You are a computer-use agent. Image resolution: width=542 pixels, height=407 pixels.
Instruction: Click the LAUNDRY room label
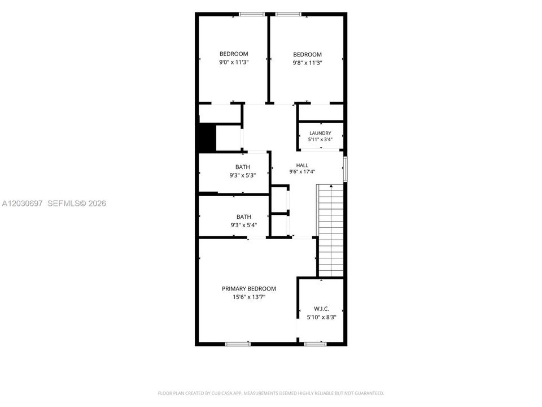320,133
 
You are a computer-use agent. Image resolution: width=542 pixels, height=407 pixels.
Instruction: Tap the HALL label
302,166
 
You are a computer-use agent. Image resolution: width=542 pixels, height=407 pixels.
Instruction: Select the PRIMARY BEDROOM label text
249,289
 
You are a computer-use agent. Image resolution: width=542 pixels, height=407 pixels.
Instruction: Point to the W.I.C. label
321,309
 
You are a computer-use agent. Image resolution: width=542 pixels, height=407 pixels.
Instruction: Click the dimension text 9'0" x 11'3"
234,62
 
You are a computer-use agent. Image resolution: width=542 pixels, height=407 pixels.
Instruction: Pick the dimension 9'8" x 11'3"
307,63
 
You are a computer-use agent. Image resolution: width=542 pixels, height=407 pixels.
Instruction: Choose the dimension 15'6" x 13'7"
249,297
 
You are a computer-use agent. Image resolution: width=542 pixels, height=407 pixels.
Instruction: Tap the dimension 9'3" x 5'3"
243,175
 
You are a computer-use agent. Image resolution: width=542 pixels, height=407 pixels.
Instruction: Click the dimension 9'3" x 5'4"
244,226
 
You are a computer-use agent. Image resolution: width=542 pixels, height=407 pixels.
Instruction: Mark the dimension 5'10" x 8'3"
321,317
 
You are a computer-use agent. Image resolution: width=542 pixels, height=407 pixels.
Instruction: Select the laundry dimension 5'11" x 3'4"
320,140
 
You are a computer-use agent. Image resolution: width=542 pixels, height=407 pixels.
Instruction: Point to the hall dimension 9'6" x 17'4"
302,172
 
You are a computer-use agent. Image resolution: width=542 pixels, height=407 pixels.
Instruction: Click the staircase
331,230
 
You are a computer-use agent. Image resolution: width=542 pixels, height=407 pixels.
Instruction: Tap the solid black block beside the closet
207,137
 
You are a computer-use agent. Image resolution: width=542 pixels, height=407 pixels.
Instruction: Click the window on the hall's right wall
346,169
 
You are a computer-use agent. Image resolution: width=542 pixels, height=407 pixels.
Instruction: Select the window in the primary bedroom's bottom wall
238,344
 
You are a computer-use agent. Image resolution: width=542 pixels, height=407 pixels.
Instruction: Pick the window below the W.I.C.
315,344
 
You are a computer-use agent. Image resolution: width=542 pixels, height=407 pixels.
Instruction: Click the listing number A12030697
22,203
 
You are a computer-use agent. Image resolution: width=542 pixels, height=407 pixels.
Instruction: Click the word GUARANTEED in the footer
370,393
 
